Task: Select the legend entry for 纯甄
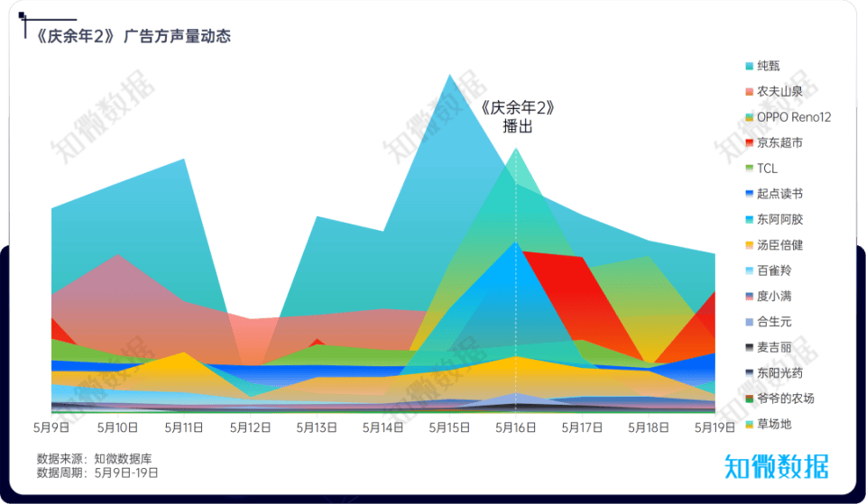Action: tap(768, 66)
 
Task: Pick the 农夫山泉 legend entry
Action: tap(779, 91)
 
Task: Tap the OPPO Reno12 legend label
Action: tap(793, 117)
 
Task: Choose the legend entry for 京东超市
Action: tap(779, 142)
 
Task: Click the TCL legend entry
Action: tap(767, 169)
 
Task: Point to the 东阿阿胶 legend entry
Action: tap(779, 219)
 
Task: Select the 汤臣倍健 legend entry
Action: tap(779, 245)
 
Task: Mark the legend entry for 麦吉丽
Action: tap(773, 347)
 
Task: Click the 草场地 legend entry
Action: tap(773, 424)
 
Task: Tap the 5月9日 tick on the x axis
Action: tap(52, 427)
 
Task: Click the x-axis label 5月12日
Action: tap(250, 427)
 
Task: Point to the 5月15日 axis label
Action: tap(449, 427)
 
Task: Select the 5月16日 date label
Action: tap(515, 427)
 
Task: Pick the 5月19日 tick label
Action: tap(714, 427)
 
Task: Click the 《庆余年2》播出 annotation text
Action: tap(517, 117)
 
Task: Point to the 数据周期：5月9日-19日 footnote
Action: tap(97, 472)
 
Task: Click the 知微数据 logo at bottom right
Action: tap(776, 466)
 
